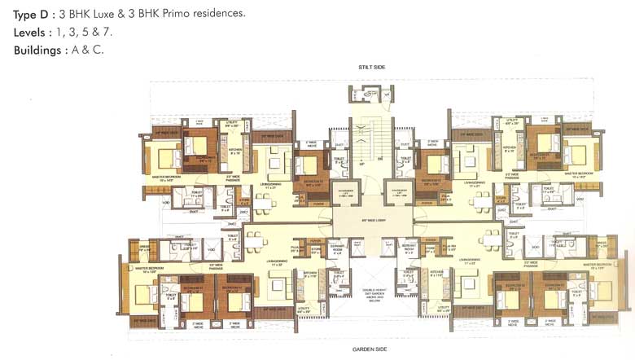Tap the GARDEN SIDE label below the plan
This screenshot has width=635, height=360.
point(369,349)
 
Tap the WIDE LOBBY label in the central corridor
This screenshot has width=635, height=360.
point(371,220)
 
